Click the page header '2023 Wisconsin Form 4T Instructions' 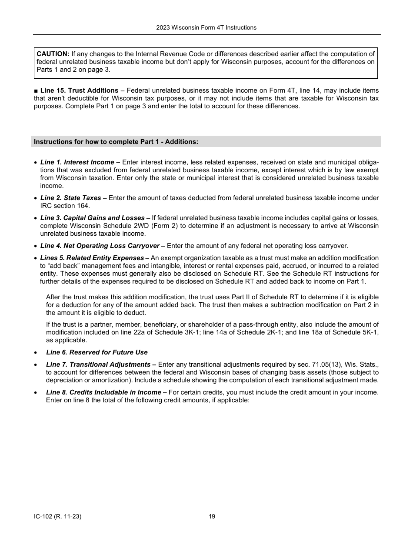click(x=206, y=27)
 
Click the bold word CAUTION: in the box click(x=53, y=54)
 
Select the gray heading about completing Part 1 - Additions click(x=116, y=141)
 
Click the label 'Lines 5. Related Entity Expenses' click(x=95, y=258)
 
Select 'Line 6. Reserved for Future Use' click(x=97, y=352)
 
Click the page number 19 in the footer click(x=212, y=517)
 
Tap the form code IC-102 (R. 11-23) click(x=57, y=517)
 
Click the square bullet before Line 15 click(x=36, y=91)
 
